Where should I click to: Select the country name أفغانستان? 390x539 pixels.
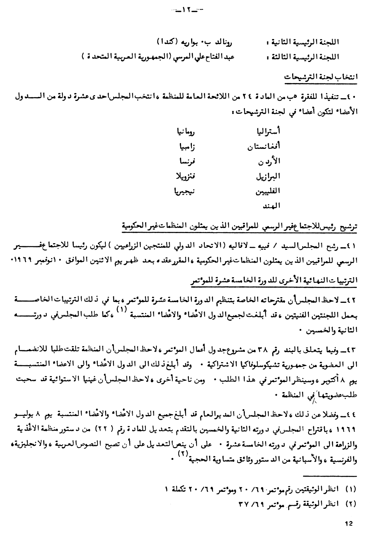coord(264,147)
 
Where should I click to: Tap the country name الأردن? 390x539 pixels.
coord(269,161)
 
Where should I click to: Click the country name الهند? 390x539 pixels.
coord(271,206)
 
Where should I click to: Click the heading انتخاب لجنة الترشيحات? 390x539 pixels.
coord(321,77)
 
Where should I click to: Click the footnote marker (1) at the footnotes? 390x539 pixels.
coord(351,488)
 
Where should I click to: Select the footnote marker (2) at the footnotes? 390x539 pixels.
coord(351,503)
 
